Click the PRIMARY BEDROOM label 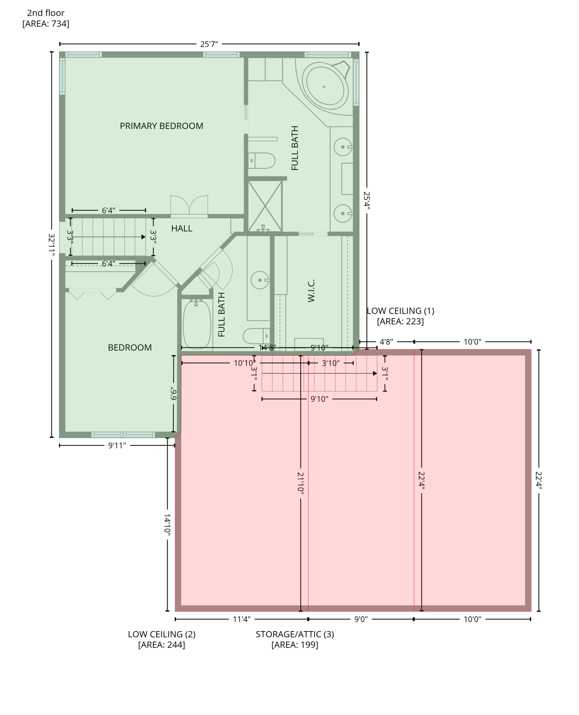pos(161,126)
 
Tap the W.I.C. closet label pos(311,291)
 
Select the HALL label pos(182,229)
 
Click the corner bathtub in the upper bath pos(325,87)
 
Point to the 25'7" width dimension pos(209,44)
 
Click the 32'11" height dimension pos(52,245)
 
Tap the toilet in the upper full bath pos(262,161)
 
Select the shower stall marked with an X pos(265,206)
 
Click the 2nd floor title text pos(46,13)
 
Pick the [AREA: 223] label pos(400,321)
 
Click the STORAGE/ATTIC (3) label pos(295,634)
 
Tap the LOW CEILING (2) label pos(162,634)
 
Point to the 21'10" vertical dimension pos(300,483)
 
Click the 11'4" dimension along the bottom pos(241,619)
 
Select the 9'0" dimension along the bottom pos(361,619)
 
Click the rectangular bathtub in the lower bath pos(196,325)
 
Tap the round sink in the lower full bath pos(260,280)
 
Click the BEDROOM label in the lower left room pos(130,348)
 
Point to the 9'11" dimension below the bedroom pos(117,445)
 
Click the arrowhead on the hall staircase pos(143,237)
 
